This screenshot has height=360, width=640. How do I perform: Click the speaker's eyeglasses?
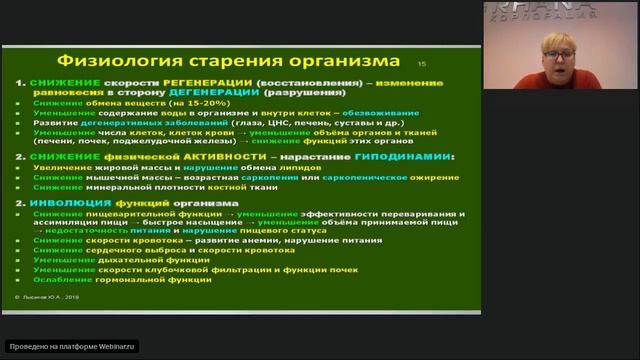tap(556, 51)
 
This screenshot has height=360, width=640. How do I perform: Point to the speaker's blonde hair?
tap(555, 38)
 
